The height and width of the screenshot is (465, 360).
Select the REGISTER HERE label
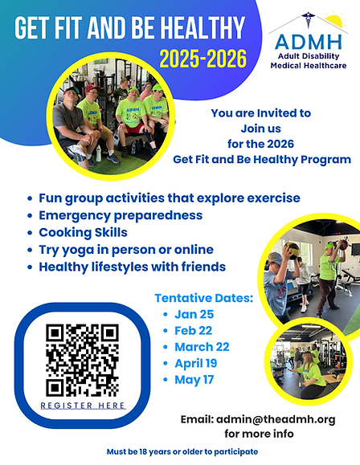point(84,406)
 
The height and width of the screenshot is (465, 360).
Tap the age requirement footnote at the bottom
point(182,451)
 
